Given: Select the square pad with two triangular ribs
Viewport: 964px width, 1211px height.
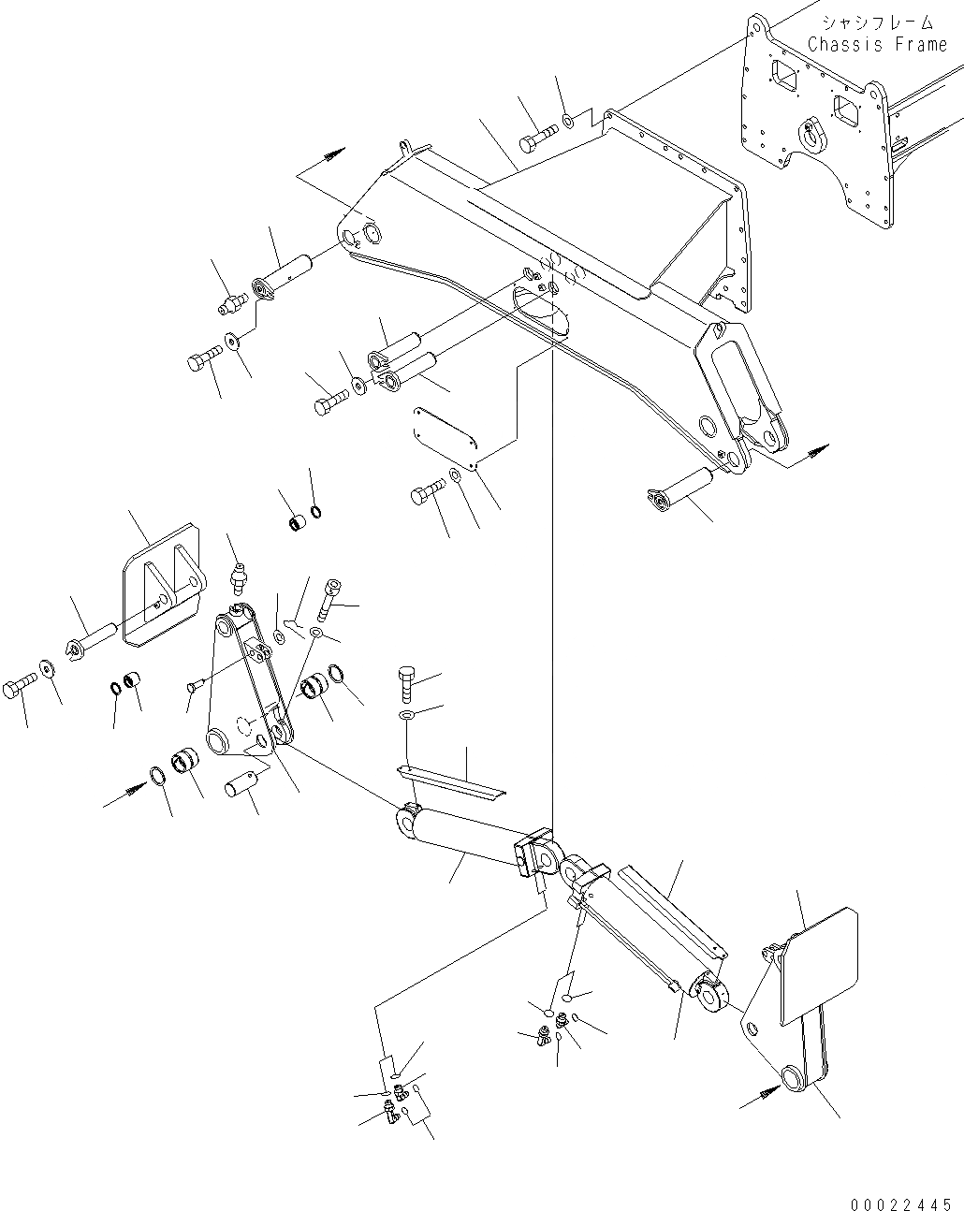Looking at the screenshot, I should tap(159, 585).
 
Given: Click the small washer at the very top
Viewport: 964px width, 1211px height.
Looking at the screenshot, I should tap(568, 120).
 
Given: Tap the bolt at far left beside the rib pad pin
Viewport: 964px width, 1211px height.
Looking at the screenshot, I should tap(20, 691).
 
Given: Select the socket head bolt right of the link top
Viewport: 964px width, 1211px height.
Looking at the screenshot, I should tap(330, 595).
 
